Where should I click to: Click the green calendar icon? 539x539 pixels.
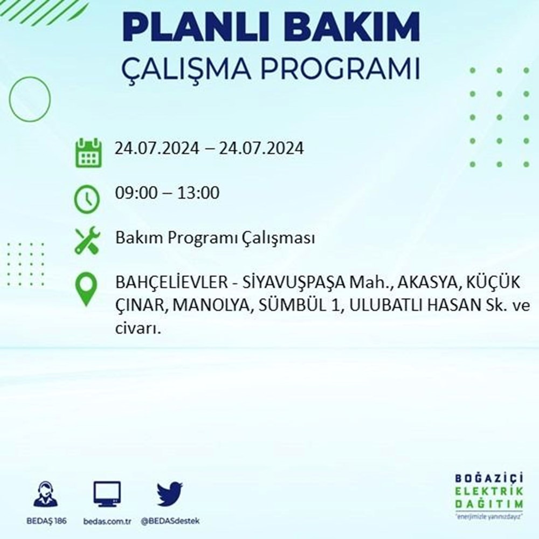click(x=88, y=153)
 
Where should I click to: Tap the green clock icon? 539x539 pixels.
click(x=87, y=199)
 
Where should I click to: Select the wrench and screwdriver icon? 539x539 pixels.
click(x=87, y=240)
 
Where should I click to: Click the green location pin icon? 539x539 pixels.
click(x=87, y=289)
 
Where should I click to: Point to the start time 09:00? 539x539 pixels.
click(x=136, y=192)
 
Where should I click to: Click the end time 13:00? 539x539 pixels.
click(x=198, y=192)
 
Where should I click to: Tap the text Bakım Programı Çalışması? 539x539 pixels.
click(x=215, y=238)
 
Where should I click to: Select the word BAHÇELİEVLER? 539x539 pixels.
click(x=171, y=282)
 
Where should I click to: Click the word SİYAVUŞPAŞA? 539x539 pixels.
click(x=294, y=283)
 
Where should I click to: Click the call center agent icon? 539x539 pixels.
click(x=46, y=494)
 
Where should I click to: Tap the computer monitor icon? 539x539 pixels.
click(x=107, y=494)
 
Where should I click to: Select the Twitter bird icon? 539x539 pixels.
click(x=170, y=494)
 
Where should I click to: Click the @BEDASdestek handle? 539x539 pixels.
click(x=170, y=521)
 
